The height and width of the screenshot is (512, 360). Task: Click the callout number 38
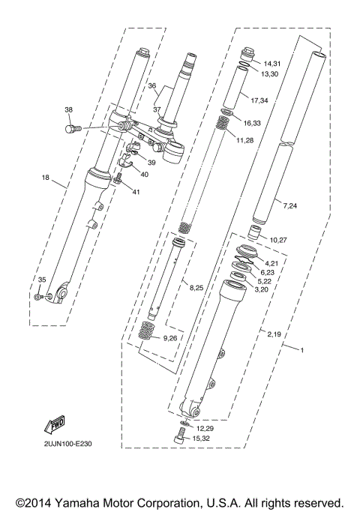69,109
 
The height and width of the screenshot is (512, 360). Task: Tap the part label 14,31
271,64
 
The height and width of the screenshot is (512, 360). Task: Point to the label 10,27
278,240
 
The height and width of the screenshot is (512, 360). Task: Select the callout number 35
42,280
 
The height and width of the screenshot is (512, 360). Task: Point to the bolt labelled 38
73,128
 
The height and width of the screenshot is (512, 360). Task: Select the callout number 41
136,193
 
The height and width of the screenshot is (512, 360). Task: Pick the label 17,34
259,99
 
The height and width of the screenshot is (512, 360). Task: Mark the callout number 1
303,351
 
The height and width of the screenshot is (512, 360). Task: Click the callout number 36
152,85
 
